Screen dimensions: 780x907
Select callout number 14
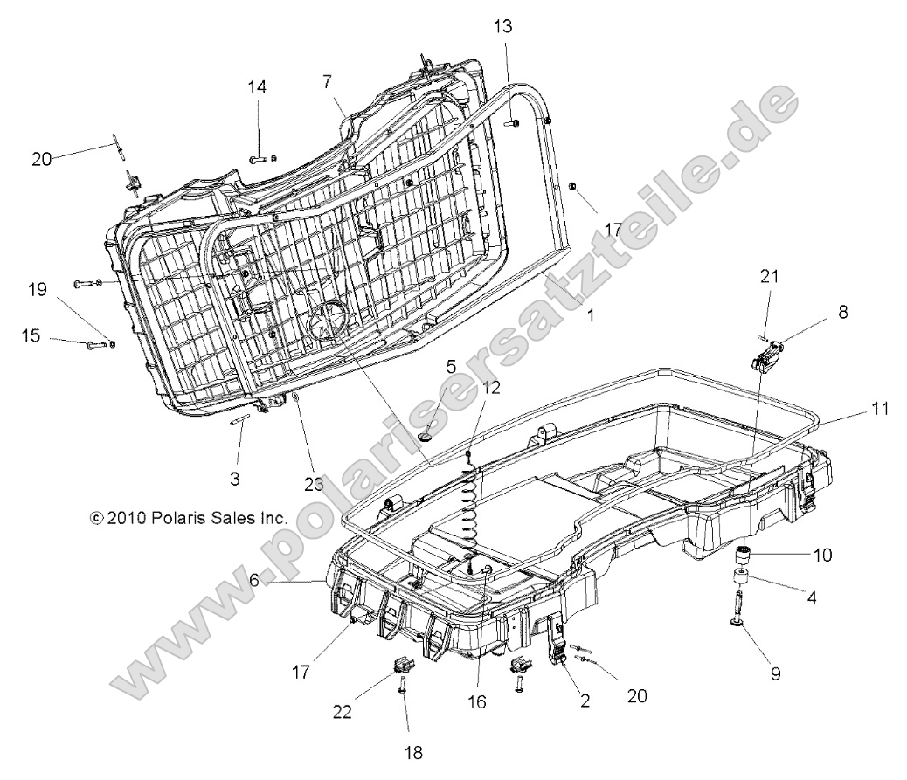(257, 87)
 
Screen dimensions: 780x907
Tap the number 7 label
(327, 81)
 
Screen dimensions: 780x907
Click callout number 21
(768, 277)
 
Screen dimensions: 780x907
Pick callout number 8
(842, 310)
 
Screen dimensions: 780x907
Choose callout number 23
(314, 483)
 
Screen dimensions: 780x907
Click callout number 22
(342, 712)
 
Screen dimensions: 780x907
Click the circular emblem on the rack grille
(326, 318)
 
